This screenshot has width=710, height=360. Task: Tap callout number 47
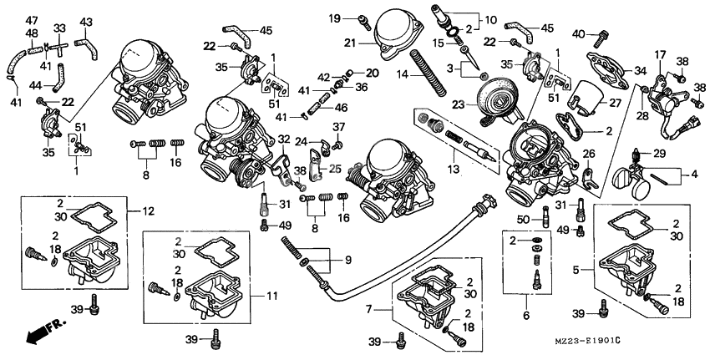pos(31,20)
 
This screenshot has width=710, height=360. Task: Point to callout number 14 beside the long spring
pos(402,74)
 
